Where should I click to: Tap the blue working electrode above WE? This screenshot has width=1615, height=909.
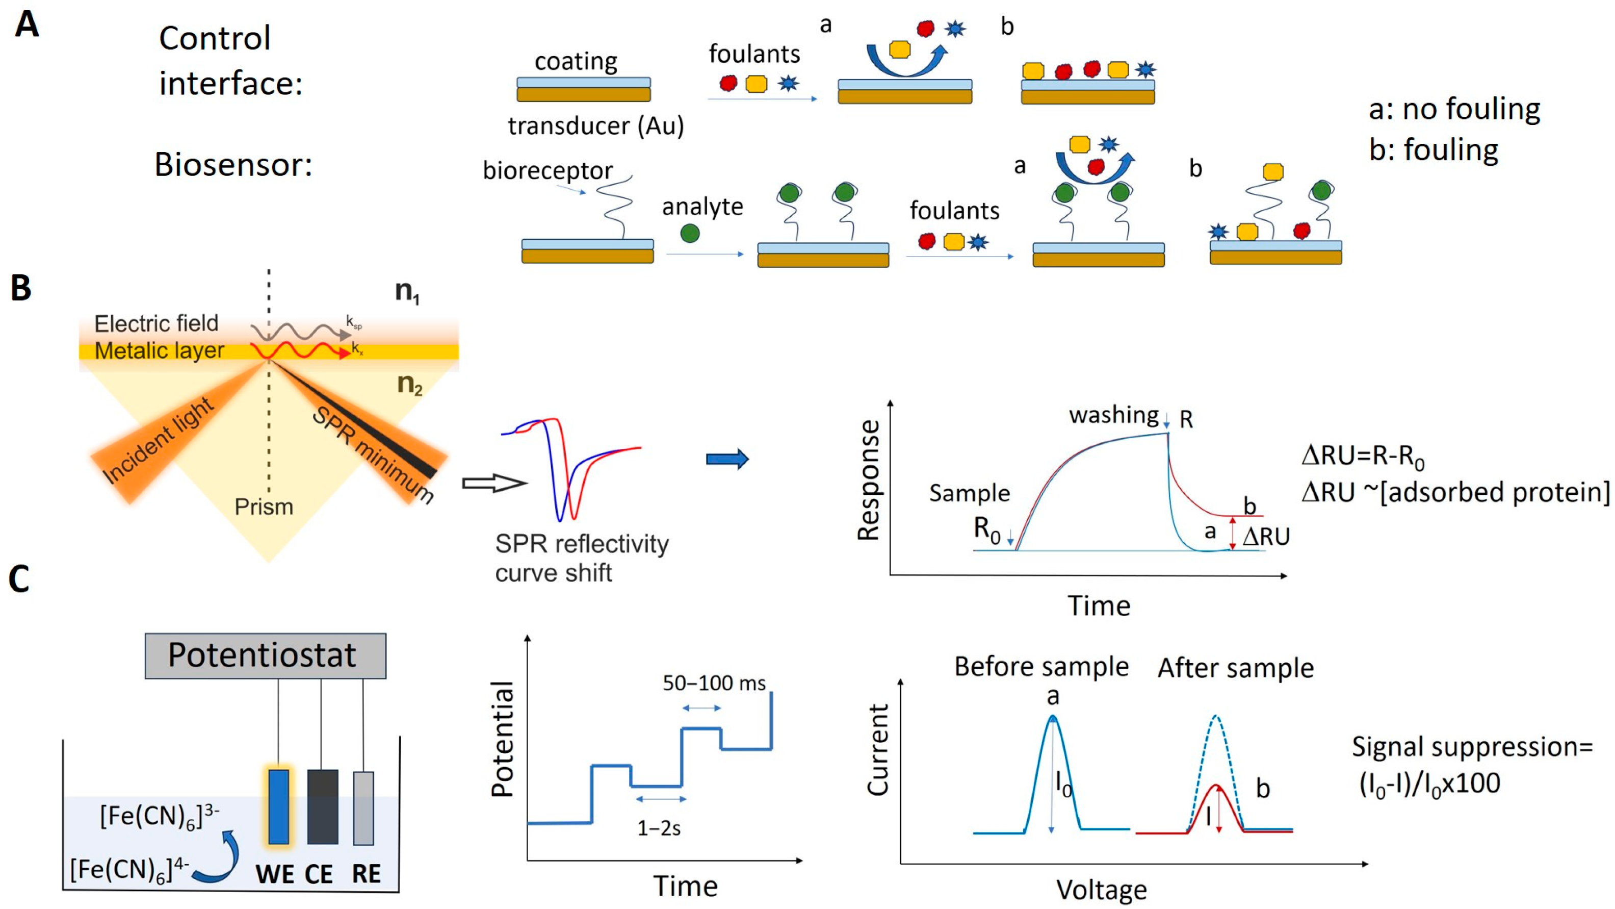pyautogui.click(x=278, y=806)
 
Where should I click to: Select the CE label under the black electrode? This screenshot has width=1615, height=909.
pyautogui.click(x=319, y=874)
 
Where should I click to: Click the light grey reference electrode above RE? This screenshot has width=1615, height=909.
pyautogui.click(x=363, y=808)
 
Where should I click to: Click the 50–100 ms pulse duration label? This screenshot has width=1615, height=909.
pyautogui.click(x=714, y=683)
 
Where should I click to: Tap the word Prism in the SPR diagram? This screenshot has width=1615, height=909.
pyautogui.click(x=264, y=506)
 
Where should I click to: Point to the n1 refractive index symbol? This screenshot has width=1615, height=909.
pyautogui.click(x=407, y=291)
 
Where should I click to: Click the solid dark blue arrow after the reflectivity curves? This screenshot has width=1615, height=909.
pyautogui.click(x=727, y=459)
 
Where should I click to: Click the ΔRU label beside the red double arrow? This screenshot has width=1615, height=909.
pyautogui.click(x=1266, y=536)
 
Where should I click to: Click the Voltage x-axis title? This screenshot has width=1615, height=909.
pyautogui.click(x=1101, y=890)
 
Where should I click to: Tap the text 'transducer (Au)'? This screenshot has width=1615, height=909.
pyautogui.click(x=595, y=126)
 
